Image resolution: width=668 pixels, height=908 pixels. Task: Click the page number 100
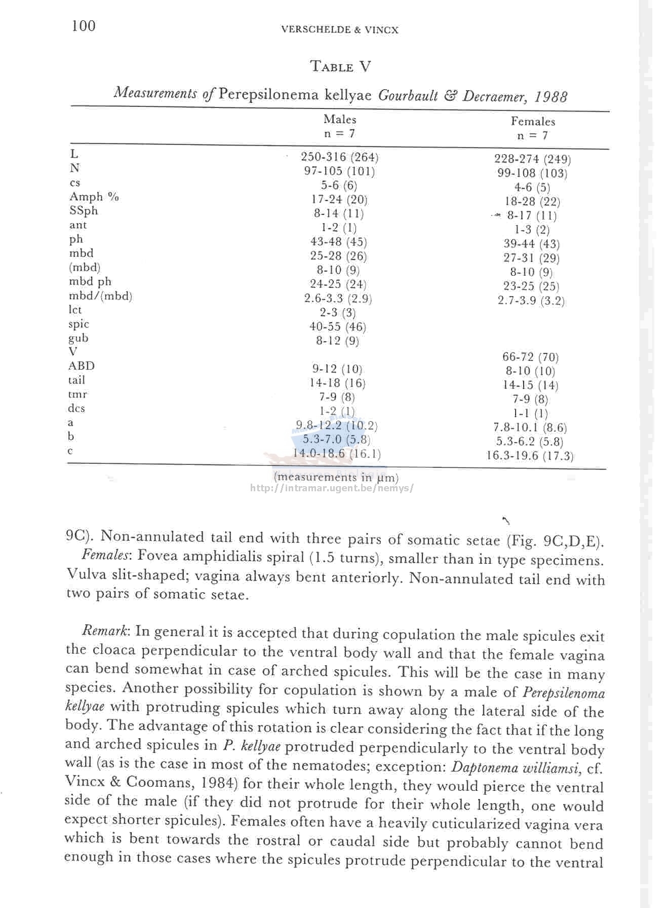pyautogui.click(x=83, y=25)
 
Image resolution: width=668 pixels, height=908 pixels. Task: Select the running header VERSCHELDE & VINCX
pyautogui.click(x=339, y=30)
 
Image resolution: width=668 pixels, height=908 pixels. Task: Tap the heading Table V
pyautogui.click(x=340, y=66)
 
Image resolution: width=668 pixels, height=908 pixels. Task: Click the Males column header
pyautogui.click(x=340, y=120)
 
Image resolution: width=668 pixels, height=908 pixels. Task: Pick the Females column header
pyautogui.click(x=533, y=122)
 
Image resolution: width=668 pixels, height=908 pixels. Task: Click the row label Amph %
pyautogui.click(x=94, y=197)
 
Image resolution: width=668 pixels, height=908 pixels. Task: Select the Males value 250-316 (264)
pyautogui.click(x=339, y=157)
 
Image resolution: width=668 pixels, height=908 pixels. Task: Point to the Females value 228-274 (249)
pyautogui.click(x=532, y=159)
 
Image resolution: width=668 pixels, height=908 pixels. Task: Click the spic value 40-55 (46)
pyautogui.click(x=337, y=327)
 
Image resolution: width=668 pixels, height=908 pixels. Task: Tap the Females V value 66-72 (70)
pyautogui.click(x=530, y=357)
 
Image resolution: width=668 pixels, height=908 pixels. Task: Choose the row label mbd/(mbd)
pyautogui.click(x=100, y=296)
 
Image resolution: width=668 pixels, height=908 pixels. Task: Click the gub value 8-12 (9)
pyautogui.click(x=337, y=341)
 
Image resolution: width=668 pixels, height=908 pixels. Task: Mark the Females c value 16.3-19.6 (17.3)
pyautogui.click(x=530, y=456)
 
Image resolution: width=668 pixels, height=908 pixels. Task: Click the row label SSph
pyautogui.click(x=84, y=211)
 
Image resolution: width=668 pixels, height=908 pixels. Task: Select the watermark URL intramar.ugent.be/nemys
pyautogui.click(x=332, y=488)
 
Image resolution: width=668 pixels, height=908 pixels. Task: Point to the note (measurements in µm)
pyautogui.click(x=336, y=477)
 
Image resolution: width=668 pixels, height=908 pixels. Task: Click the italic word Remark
pyautogui.click(x=105, y=631)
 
